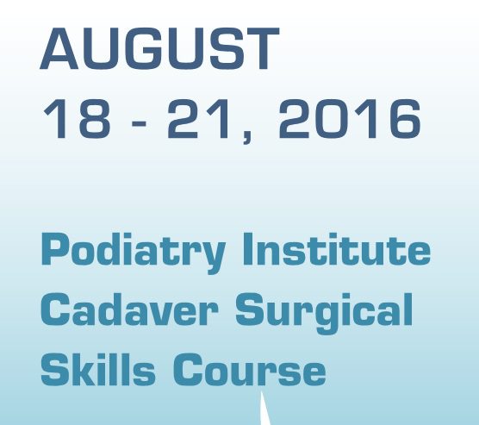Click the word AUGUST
pyautogui.click(x=159, y=48)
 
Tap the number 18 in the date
pyautogui.click(x=77, y=119)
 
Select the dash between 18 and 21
pyautogui.click(x=139, y=123)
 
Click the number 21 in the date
pyautogui.click(x=198, y=119)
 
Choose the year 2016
pyautogui.click(x=350, y=119)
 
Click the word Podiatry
pyautogui.click(x=134, y=253)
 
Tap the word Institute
pyautogui.click(x=336, y=249)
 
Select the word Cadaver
pyautogui.click(x=129, y=309)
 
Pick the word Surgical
pyautogui.click(x=324, y=314)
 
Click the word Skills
pyautogui.click(x=97, y=369)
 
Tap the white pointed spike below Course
pyautogui.click(x=264, y=409)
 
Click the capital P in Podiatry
pyautogui.click(x=55, y=249)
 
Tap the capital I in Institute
pyautogui.click(x=248, y=249)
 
